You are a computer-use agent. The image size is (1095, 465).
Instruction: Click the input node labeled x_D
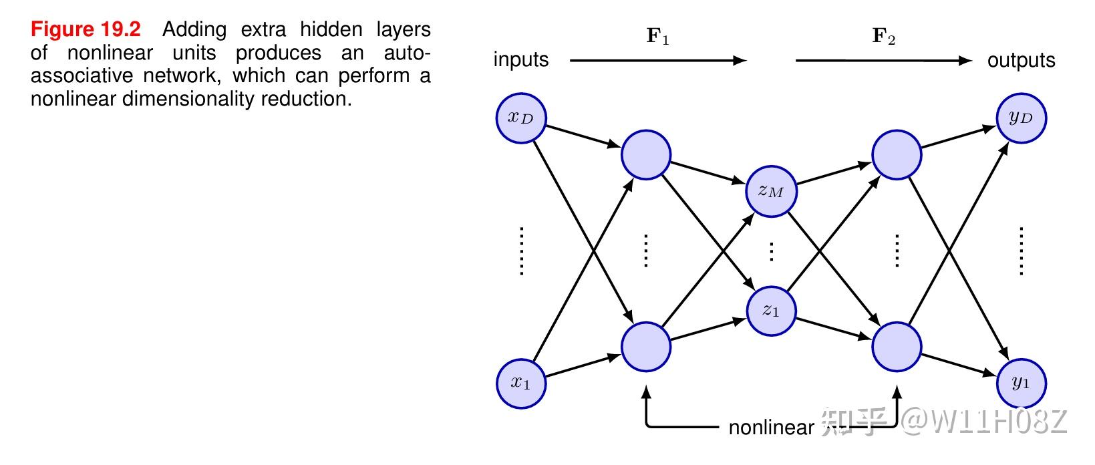521,118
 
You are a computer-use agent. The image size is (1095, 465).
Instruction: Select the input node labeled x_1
521,383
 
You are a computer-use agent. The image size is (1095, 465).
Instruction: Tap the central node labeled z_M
771,192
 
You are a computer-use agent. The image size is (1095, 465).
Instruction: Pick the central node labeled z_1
771,311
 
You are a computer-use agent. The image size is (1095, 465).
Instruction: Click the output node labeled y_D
1021,118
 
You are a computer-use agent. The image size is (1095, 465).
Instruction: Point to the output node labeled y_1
1021,383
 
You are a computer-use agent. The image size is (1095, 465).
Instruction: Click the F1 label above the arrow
658,36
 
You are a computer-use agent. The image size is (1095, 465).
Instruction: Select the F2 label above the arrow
883,36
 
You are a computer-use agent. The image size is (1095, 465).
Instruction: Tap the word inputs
521,60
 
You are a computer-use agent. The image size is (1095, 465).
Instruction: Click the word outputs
1021,60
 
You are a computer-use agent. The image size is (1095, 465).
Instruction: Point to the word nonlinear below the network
771,428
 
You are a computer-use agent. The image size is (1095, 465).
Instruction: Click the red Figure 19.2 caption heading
86,29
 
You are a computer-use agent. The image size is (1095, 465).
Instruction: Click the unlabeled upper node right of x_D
646,155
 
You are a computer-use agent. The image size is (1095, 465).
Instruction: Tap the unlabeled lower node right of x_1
646,347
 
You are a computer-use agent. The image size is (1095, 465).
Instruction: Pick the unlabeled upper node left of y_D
897,155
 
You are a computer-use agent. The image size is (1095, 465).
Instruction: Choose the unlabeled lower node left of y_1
897,347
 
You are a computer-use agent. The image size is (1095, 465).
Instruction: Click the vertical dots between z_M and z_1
772,251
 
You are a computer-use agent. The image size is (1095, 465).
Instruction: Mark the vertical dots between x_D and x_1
521,251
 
